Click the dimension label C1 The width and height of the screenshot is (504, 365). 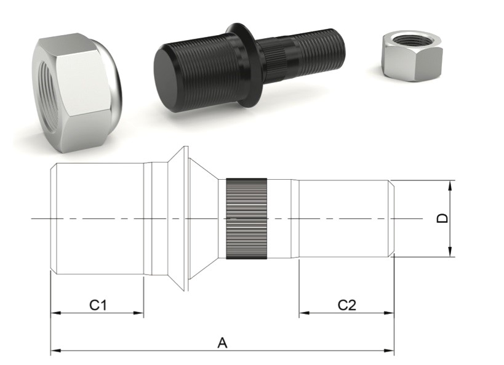[x=98, y=304]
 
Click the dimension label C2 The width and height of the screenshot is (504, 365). [x=346, y=304]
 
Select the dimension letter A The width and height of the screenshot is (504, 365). [x=223, y=343]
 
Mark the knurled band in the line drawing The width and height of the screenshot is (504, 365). [x=247, y=219]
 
